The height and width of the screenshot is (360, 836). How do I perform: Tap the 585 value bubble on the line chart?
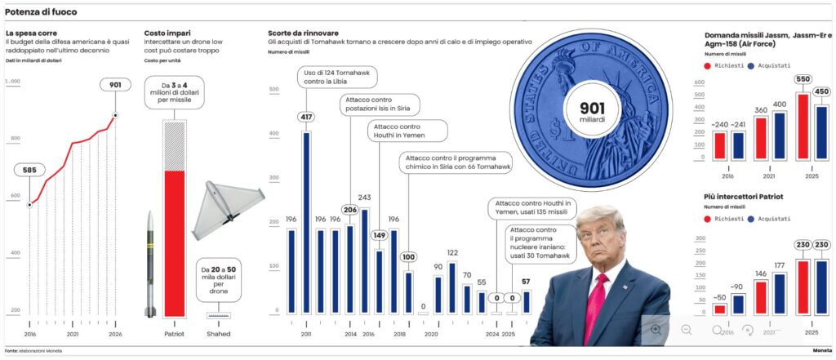click(30, 171)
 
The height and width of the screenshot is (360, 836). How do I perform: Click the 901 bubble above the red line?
click(113, 85)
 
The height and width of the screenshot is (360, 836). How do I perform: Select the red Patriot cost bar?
click(175, 243)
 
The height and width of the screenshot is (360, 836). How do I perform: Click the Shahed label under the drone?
click(219, 334)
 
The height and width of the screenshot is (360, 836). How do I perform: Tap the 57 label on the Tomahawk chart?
click(526, 282)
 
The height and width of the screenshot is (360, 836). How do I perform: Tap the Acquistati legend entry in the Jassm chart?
click(772, 64)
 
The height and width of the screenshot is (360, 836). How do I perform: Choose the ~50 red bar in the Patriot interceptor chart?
click(720, 309)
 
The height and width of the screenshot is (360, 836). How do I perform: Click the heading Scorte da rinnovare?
click(304, 33)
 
